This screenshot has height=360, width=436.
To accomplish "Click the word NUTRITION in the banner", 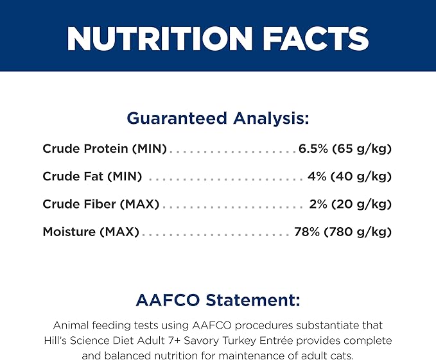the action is [x=160, y=39].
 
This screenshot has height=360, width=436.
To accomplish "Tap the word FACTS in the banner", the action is [x=315, y=39].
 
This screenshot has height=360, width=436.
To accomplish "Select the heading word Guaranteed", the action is [x=177, y=118].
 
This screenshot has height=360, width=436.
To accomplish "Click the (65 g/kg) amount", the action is [x=362, y=149].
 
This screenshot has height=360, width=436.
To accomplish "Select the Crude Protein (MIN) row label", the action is [x=105, y=149].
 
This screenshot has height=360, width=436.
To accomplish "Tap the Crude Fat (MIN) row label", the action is [x=92, y=176].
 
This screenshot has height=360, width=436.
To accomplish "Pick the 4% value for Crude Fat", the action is [x=317, y=176].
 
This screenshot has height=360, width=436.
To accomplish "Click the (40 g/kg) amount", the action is [x=362, y=177].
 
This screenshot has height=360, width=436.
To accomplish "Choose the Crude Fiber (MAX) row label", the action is [x=101, y=205].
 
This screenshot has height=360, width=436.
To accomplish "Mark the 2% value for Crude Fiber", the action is [x=318, y=204].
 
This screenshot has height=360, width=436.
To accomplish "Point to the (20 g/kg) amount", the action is [x=362, y=205].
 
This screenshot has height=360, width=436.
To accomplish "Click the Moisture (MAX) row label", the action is [x=91, y=232].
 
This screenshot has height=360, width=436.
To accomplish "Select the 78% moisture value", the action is [x=307, y=232].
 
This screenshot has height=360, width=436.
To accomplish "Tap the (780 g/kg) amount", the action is [x=358, y=232].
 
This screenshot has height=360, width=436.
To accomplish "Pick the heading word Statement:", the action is [x=253, y=300].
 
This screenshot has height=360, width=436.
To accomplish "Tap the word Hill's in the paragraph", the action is [x=55, y=341].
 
